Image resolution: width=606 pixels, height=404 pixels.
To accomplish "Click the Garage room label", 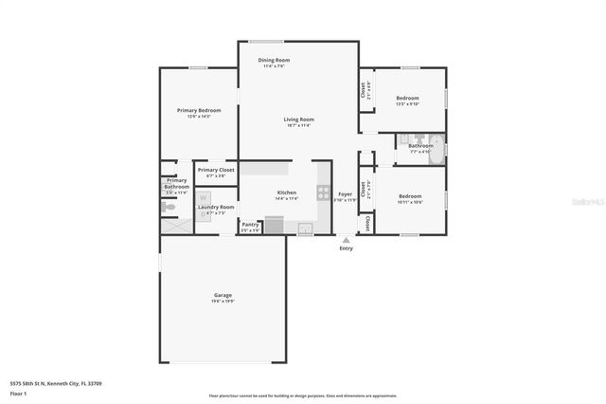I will coord(223,295).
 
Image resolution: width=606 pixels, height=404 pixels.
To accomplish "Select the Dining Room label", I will coord(273,61).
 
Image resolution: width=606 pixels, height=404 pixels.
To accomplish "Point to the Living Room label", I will coord(298,119).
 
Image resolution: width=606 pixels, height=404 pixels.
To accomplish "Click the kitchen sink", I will coord(305,228).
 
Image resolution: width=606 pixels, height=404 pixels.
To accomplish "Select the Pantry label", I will coord(250,224).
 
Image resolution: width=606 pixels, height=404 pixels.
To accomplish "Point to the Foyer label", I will coord(346,193).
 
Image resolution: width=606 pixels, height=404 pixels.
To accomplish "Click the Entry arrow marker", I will coord(346,240).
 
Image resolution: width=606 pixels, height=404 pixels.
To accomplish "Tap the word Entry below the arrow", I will coord(346,248).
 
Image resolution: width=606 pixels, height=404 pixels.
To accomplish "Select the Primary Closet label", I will coord(216,170).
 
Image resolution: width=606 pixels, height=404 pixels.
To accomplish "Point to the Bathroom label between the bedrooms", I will coord(420,146).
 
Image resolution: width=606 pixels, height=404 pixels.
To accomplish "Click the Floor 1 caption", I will coord(18,392).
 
